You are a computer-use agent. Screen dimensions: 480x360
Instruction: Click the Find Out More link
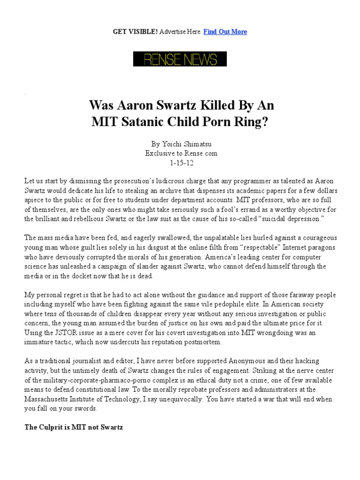225,31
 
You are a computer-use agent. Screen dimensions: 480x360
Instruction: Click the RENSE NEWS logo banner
180,59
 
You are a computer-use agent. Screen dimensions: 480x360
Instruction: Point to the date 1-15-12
180,163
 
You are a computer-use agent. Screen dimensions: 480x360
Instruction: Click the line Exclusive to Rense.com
180,153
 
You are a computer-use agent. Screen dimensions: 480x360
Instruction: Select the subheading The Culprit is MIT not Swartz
73,428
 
